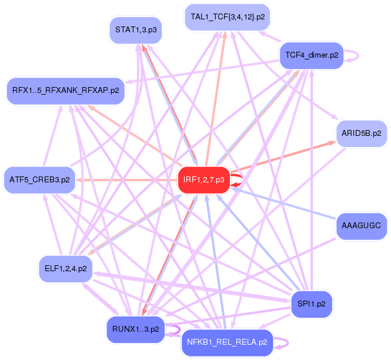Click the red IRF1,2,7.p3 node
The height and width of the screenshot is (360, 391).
(203, 180)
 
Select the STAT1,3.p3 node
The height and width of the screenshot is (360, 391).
(136, 30)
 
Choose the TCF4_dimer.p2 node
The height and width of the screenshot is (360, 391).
(311, 56)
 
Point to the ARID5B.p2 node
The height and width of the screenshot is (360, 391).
(361, 134)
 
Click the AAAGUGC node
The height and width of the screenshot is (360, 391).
(361, 226)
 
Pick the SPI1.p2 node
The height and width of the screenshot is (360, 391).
(312, 304)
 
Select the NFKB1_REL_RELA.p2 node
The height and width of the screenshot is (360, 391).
(227, 342)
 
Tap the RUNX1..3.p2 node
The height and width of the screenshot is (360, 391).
(135, 329)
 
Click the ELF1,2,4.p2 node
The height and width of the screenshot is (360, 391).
(65, 268)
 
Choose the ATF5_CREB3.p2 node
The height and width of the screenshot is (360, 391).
(39, 179)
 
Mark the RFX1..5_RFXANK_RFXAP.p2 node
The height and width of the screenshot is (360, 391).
(65, 91)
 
